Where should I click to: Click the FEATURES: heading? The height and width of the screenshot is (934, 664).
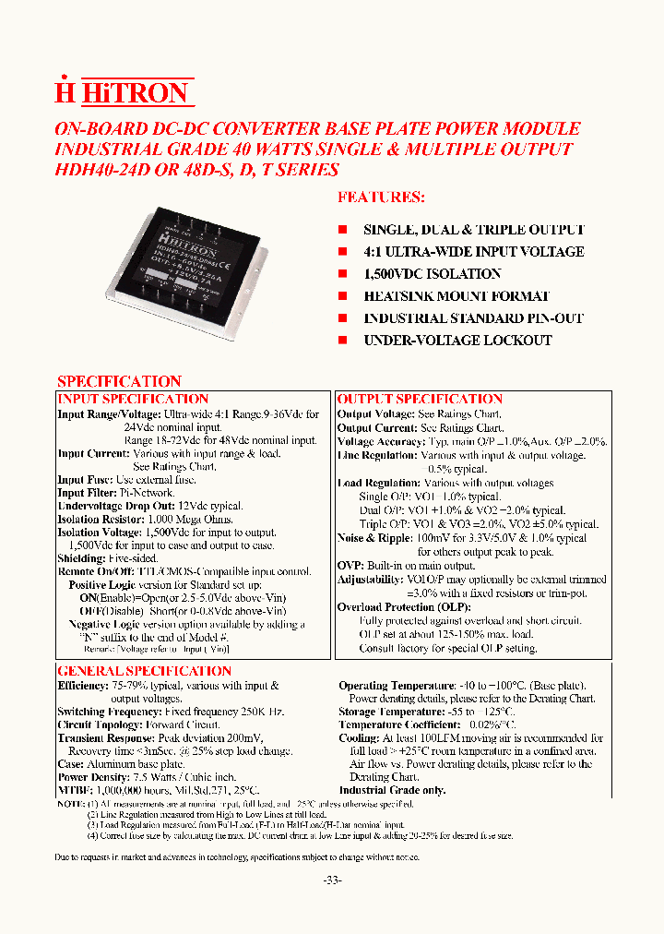click(381, 197)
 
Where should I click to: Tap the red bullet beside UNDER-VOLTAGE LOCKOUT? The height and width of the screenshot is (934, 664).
click(342, 340)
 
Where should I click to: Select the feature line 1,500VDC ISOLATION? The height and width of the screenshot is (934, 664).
click(432, 274)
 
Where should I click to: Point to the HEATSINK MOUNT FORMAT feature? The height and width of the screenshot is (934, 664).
click(456, 296)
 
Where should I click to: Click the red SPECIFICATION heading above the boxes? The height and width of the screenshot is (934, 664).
click(119, 381)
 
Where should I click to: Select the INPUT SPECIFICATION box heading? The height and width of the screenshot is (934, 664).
click(133, 399)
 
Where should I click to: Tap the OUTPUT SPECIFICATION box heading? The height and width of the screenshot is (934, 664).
click(420, 399)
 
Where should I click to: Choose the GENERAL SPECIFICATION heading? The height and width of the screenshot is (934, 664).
click(144, 671)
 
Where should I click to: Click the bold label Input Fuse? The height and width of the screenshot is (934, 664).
click(85, 480)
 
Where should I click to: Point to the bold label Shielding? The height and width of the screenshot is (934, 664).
click(80, 558)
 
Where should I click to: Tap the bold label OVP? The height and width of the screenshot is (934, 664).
click(350, 566)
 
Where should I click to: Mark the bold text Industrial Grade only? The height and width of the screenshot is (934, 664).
click(392, 791)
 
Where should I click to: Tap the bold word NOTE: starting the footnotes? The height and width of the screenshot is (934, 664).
click(70, 805)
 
